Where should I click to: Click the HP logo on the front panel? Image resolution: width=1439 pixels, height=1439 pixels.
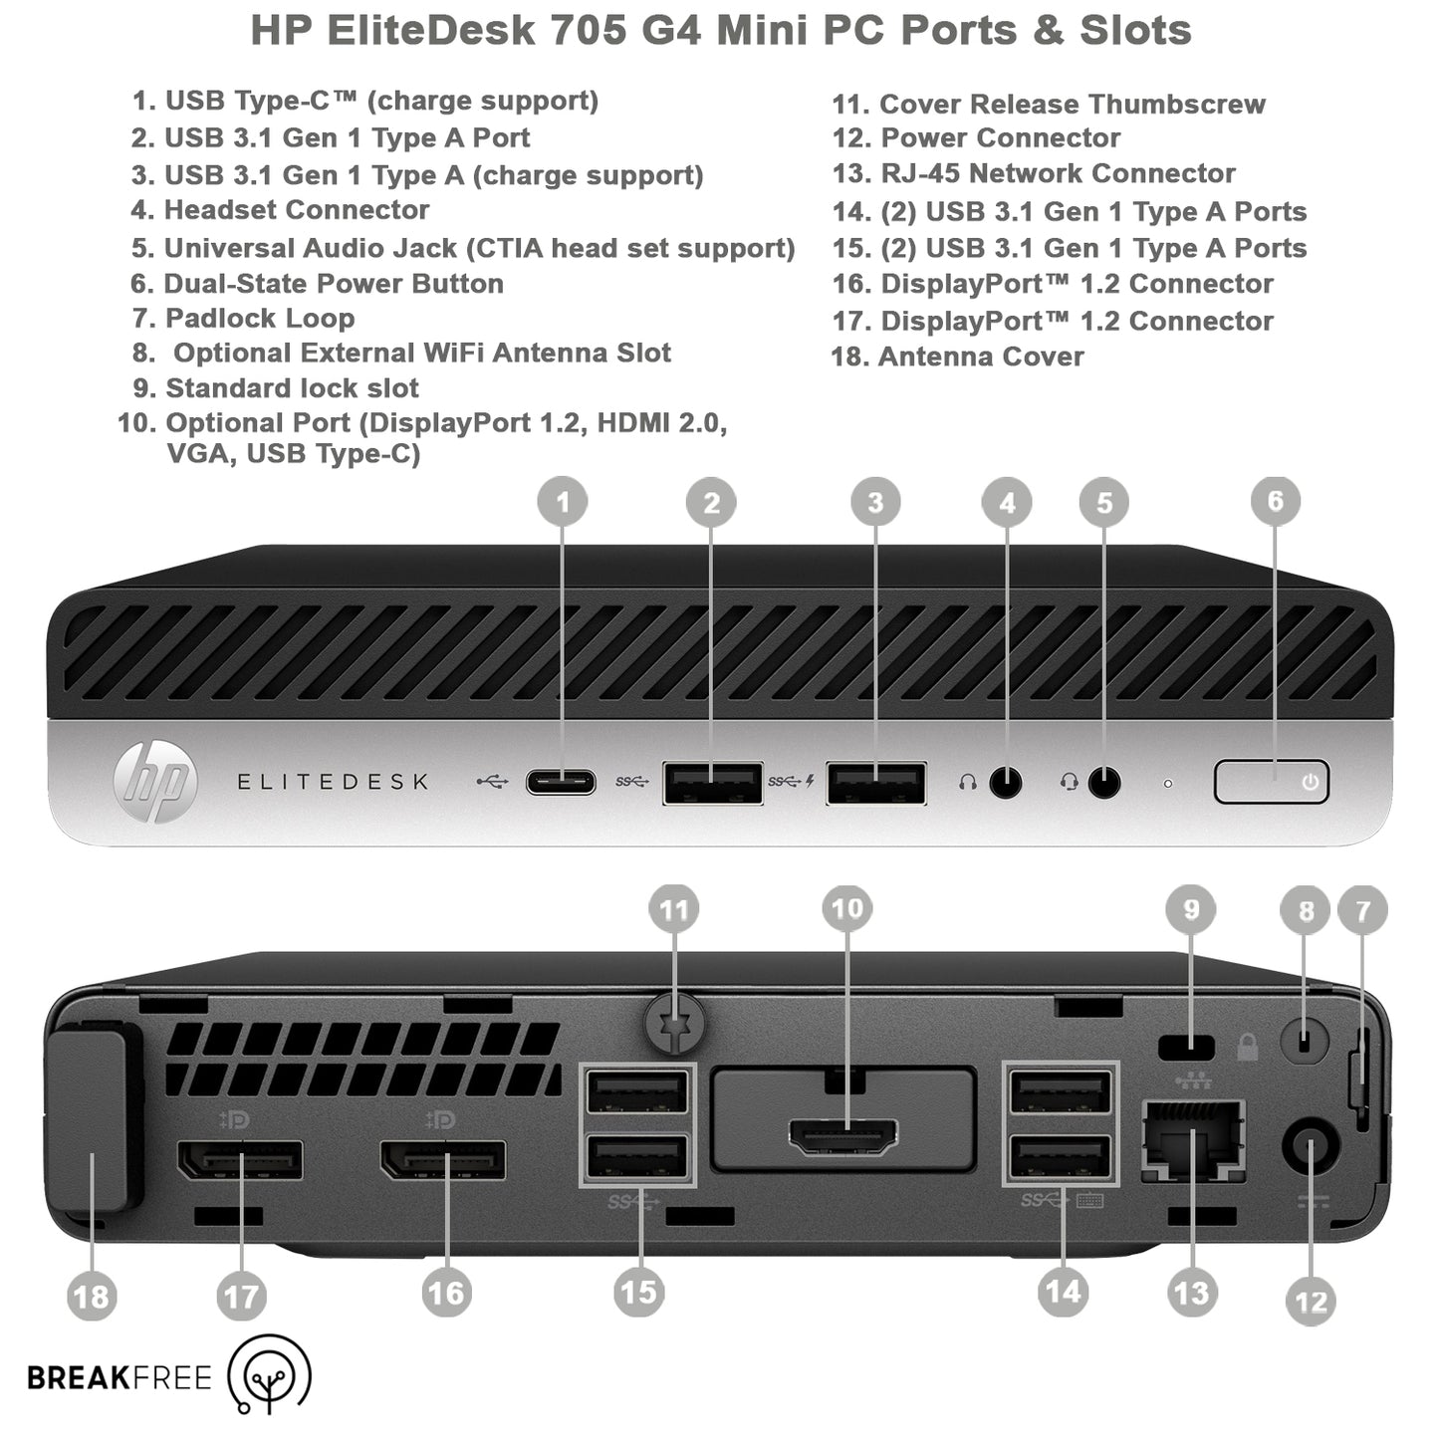155,783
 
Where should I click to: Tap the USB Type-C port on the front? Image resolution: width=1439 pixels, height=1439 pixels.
561,782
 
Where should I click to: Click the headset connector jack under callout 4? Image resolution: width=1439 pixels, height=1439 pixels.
1006,783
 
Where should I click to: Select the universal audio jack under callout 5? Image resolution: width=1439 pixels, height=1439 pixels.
1103,783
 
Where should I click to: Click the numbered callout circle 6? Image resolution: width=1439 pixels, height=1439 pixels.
1275,501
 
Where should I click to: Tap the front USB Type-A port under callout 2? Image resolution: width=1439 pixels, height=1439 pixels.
712,783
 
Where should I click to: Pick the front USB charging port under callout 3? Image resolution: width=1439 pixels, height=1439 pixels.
875,783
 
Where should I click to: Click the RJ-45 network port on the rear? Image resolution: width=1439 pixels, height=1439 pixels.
1192,1140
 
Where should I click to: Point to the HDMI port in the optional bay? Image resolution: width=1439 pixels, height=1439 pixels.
843,1136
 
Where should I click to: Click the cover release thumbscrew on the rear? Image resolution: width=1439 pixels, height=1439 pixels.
676,1026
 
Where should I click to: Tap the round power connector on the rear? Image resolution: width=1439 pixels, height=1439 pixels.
1310,1148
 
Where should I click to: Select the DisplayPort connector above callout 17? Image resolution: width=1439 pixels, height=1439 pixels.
240,1160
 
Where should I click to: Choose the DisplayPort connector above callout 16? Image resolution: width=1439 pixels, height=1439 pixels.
443,1160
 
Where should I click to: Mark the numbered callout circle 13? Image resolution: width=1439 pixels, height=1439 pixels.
1191,1293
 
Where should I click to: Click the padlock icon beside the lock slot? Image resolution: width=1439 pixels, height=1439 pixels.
1247,1047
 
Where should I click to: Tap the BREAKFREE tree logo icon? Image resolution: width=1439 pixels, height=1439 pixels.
270,1376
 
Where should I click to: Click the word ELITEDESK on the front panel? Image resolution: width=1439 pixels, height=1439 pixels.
333,783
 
